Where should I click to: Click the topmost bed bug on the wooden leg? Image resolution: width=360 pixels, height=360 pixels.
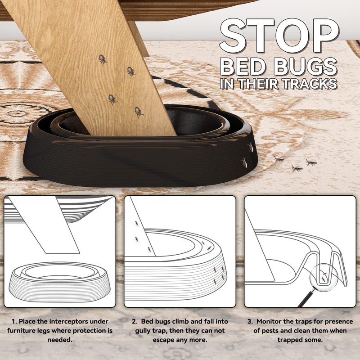click(103, 59)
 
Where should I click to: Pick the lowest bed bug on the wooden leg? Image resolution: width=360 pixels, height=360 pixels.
click(139, 111)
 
